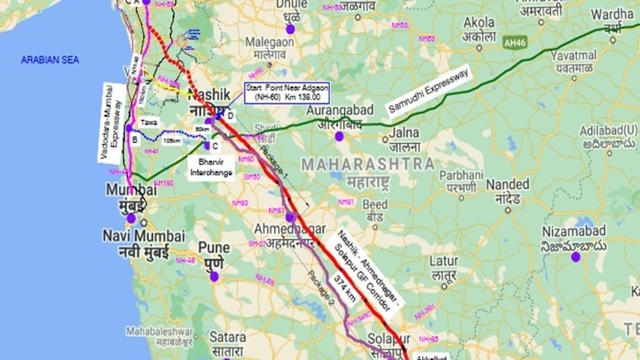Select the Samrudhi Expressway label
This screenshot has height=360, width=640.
coord(428,92)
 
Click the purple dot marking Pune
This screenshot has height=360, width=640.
coord(214,275)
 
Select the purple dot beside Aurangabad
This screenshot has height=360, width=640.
coord(340,136)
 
